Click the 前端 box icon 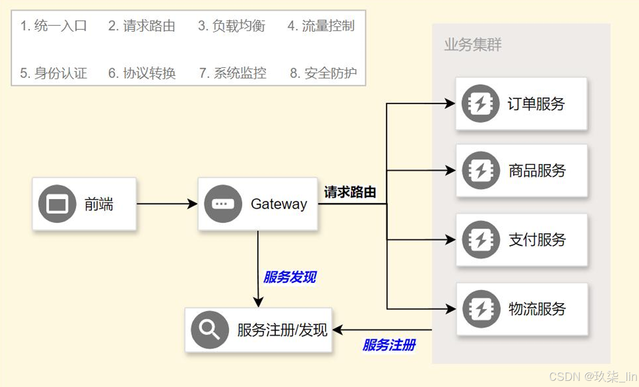click(x=57, y=204)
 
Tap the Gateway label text click(x=279, y=204)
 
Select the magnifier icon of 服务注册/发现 click(x=210, y=330)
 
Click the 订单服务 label click(x=536, y=104)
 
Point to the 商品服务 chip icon click(x=480, y=170)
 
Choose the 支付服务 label click(x=537, y=239)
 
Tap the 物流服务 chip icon click(x=480, y=309)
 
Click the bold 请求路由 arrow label click(x=350, y=192)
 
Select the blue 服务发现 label click(x=290, y=277)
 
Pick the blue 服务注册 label click(x=389, y=345)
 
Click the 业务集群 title click(x=473, y=45)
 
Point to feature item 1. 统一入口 click(x=53, y=26)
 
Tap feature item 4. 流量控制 click(x=321, y=26)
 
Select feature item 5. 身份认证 click(x=53, y=73)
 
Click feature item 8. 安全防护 click(x=323, y=73)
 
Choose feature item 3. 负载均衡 click(x=231, y=26)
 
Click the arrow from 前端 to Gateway click(x=167, y=204)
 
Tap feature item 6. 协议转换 click(x=142, y=73)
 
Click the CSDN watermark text click(x=593, y=377)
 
